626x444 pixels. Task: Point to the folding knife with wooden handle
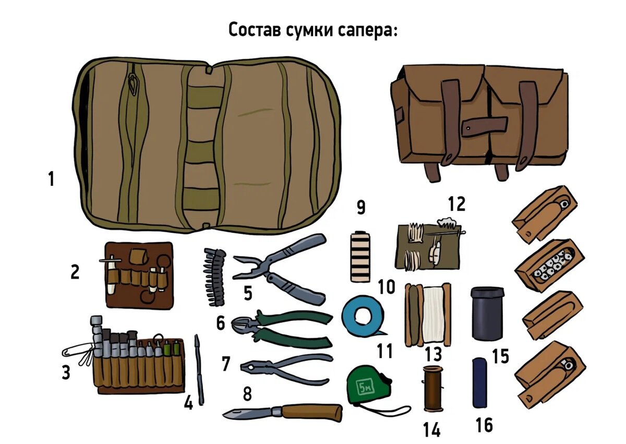pyautogui.click(x=283, y=412)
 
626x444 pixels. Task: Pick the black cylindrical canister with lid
pyautogui.click(x=487, y=313)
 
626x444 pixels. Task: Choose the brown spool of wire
pyautogui.click(x=432, y=388)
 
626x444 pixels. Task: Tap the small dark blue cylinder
pyautogui.click(x=479, y=382)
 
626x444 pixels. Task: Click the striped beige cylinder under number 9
pyautogui.click(x=360, y=256)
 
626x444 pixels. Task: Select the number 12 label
pyautogui.click(x=456, y=203)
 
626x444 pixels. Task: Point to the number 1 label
pyautogui.click(x=51, y=179)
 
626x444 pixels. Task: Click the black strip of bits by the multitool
pyautogui.click(x=214, y=277)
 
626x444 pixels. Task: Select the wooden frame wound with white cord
pyautogui.click(x=428, y=315)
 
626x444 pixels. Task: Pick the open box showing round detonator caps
pyautogui.click(x=549, y=265)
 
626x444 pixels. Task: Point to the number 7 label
pyautogui.click(x=226, y=364)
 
